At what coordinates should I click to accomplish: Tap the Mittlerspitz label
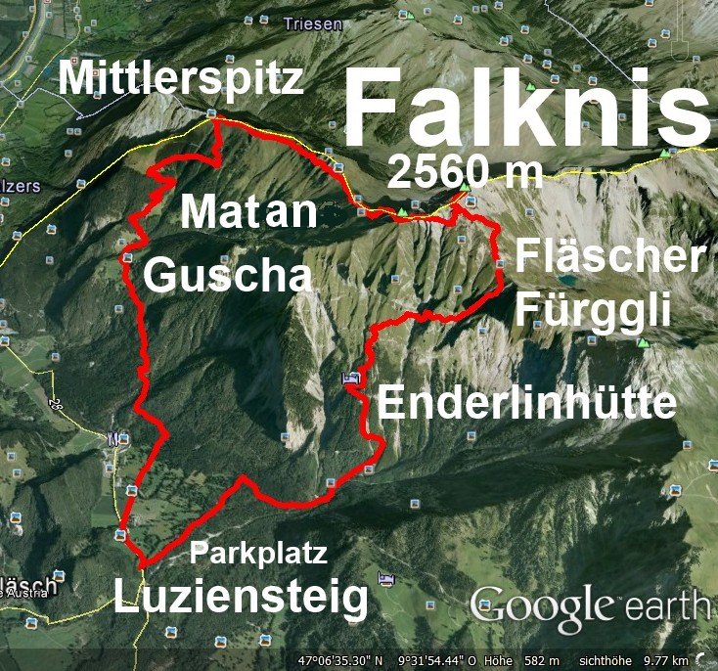coord(181,78)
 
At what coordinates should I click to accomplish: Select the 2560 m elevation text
coord(465,172)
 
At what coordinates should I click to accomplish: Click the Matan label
coord(250,211)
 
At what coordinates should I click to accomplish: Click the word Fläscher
coord(609,257)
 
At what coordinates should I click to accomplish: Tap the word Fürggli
coord(593,311)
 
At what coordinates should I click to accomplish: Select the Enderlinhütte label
coord(527,403)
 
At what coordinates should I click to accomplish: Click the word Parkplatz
coord(258,553)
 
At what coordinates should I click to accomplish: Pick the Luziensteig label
coord(242,596)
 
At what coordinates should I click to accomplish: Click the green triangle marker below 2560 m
coord(465,185)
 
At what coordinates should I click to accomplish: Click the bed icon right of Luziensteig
coord(386,580)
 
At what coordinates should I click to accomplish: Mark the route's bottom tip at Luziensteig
coord(143,565)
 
